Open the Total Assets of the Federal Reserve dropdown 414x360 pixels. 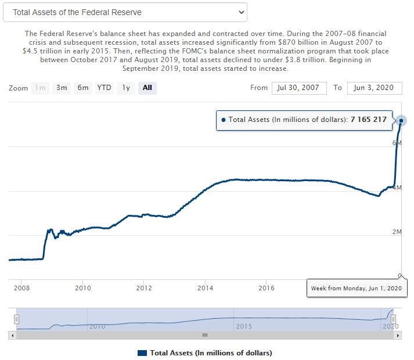[125, 12]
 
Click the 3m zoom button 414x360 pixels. [62, 88]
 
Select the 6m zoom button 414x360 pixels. [83, 88]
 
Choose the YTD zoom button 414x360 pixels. [105, 88]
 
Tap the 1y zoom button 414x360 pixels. [125, 88]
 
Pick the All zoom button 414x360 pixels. [147, 88]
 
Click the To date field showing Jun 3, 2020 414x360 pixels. [375, 88]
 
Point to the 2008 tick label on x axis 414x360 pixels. [21, 287]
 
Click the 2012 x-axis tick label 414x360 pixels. [144, 287]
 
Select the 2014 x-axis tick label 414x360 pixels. [206, 287]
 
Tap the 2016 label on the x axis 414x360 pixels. [267, 287]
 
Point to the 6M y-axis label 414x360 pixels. [397, 143]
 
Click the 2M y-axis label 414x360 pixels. [397, 232]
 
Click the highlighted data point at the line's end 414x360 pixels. [401, 121]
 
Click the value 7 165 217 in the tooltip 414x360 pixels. [368, 120]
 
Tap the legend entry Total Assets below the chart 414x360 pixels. [205, 352]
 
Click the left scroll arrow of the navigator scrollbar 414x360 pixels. [12, 335]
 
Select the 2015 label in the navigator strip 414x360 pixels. [244, 326]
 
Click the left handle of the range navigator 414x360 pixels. [17, 319]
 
